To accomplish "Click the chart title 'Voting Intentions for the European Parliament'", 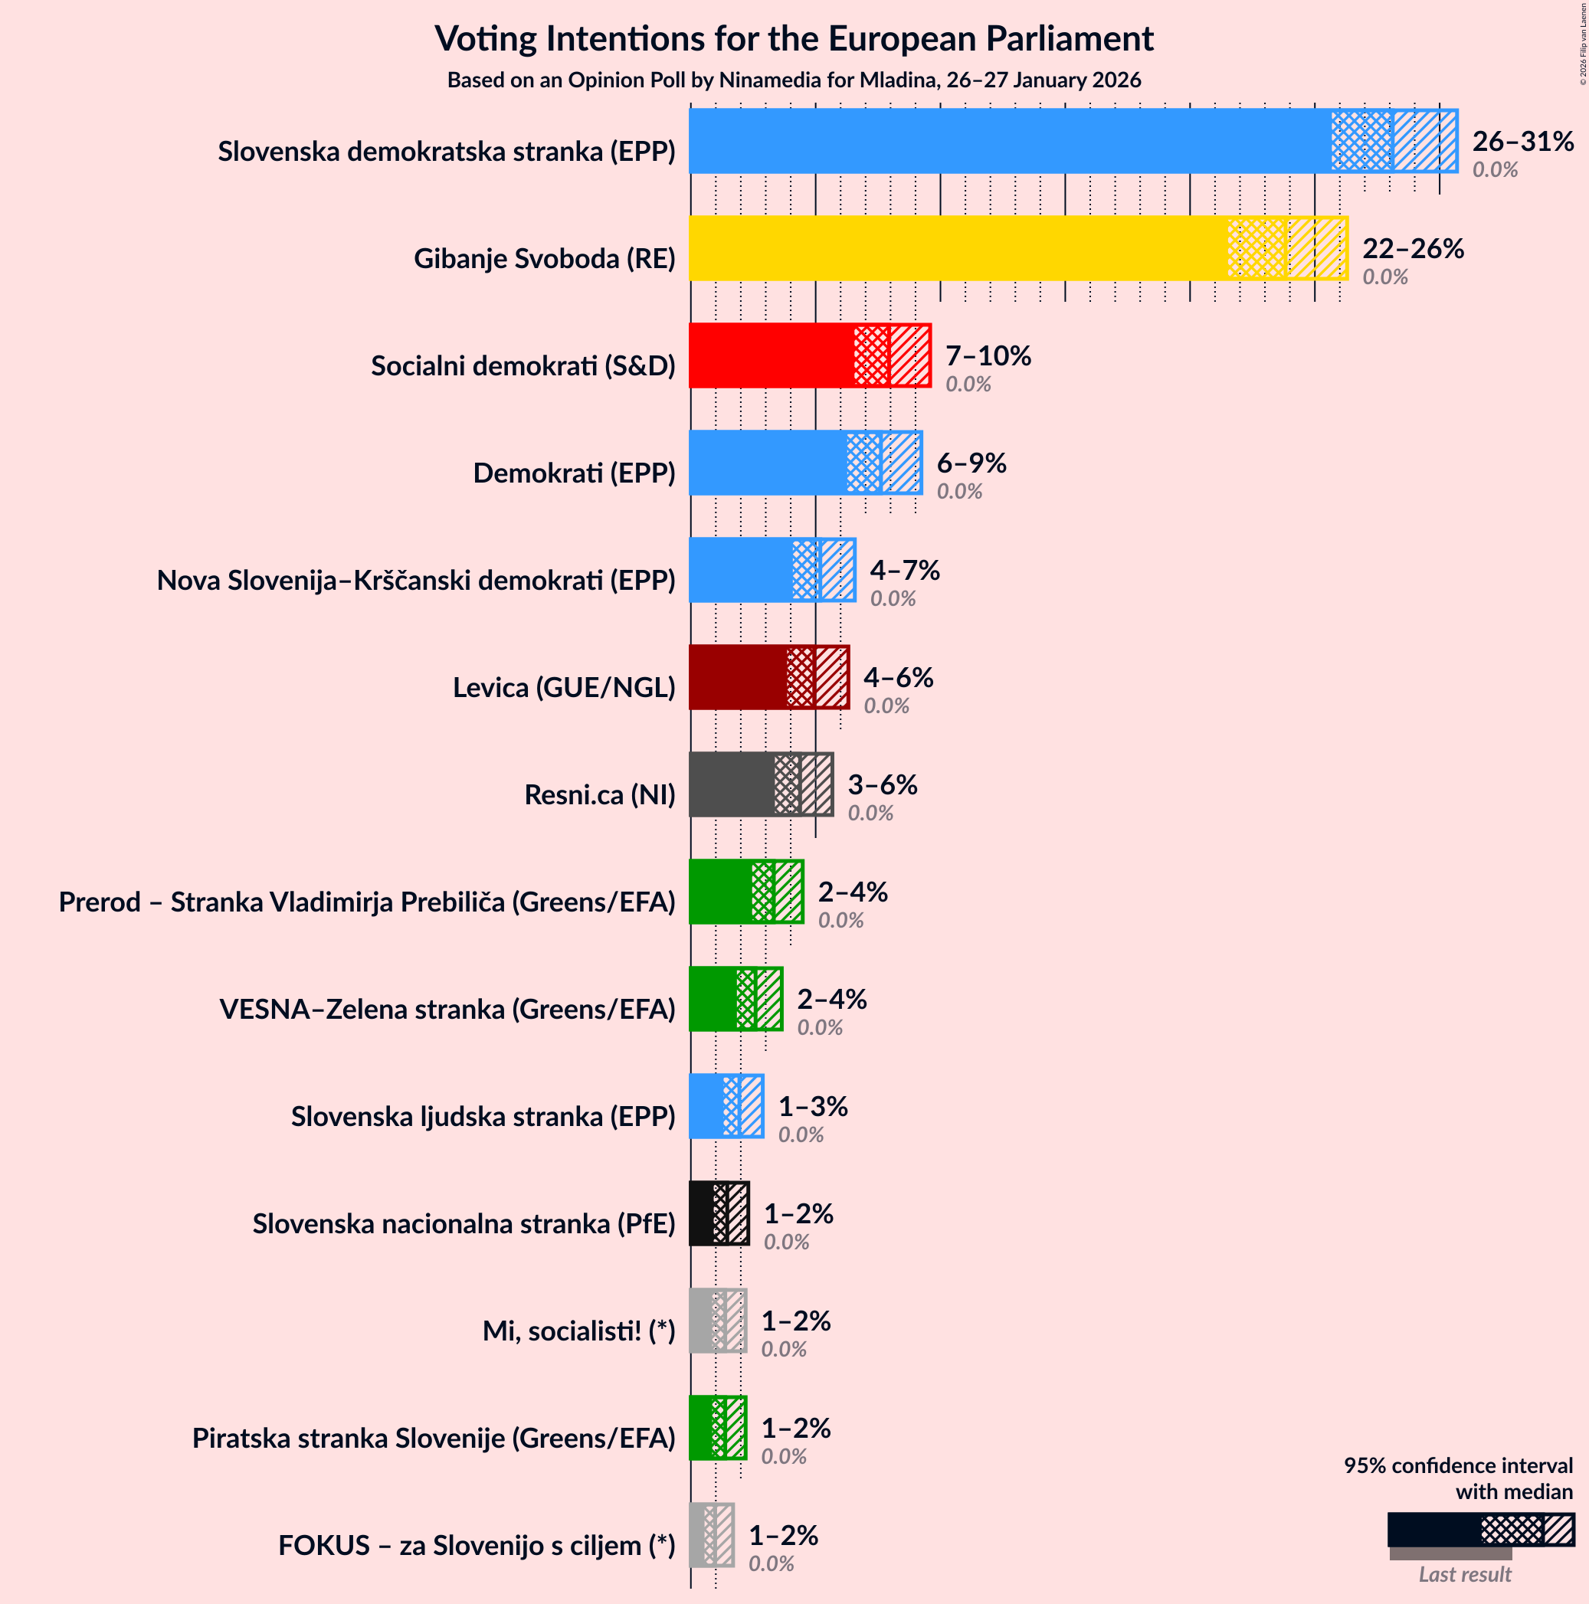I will tap(794, 39).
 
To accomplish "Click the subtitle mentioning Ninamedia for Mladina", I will tap(794, 80).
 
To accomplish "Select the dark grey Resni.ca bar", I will tap(731, 784).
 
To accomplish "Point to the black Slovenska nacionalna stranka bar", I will tap(702, 1214).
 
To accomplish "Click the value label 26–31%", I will tap(1522, 142).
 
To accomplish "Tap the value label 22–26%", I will tap(1413, 249).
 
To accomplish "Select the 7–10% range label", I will tap(988, 356).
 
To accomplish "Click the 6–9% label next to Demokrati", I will tap(971, 463).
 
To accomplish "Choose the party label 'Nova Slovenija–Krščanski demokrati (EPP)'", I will tap(416, 581).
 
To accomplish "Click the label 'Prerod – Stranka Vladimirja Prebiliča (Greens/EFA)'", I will tap(367, 902).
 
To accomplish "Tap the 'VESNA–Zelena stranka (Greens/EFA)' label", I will tap(447, 1010).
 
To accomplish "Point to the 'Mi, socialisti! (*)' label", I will tap(578, 1331).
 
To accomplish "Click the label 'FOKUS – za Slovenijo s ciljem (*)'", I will tap(477, 1546).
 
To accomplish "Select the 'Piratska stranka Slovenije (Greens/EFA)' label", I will tap(434, 1439).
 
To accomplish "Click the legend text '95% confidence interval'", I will tap(1458, 1466).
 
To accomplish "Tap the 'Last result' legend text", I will tap(1464, 1575).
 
